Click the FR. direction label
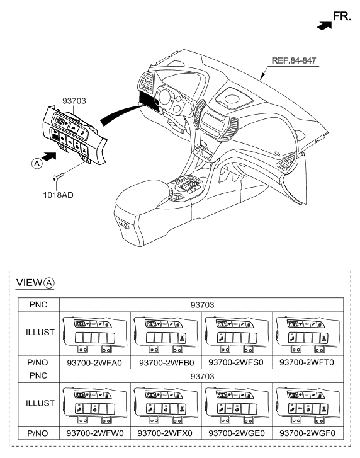[x=342, y=16]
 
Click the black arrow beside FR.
[x=324, y=26]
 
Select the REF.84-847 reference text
[x=294, y=60]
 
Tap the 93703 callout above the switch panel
[x=74, y=101]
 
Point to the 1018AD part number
[x=58, y=195]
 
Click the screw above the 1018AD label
[x=58, y=177]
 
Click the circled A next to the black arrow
[x=37, y=163]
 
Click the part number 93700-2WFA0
[x=94, y=362]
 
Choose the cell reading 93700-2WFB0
[x=166, y=362]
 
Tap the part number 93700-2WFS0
[x=236, y=362]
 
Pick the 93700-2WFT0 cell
[x=307, y=362]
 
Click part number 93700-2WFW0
[x=95, y=433]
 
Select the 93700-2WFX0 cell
[x=165, y=433]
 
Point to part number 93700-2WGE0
[x=236, y=433]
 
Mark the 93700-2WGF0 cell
[x=307, y=433]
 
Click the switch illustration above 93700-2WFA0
[x=95, y=334]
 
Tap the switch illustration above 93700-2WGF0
[x=308, y=405]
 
